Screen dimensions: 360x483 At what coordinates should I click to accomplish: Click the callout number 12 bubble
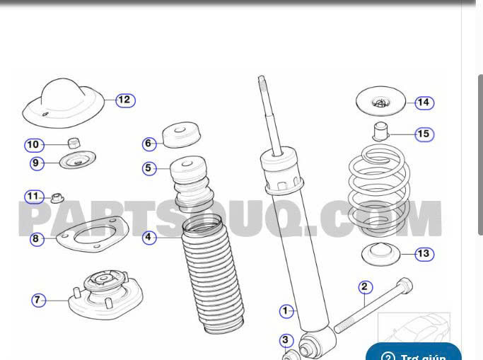(124, 100)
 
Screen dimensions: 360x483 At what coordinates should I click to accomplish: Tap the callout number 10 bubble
(33, 145)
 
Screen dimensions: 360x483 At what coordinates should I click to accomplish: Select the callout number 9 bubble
(37, 163)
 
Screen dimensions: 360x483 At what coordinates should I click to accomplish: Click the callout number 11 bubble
(33, 196)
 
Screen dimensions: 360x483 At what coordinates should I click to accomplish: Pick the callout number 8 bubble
(35, 239)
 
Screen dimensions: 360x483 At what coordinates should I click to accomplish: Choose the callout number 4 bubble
(149, 238)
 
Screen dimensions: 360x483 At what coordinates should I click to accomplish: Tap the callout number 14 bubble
(423, 103)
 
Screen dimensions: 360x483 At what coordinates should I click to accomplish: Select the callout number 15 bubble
(423, 134)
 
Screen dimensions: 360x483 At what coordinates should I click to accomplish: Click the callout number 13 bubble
(423, 254)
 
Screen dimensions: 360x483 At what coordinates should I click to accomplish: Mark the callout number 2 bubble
(364, 286)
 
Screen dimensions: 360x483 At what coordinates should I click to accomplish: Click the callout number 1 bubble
(286, 310)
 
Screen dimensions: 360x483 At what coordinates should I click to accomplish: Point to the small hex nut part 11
(57, 196)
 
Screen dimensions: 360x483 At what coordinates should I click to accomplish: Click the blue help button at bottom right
(414, 353)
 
